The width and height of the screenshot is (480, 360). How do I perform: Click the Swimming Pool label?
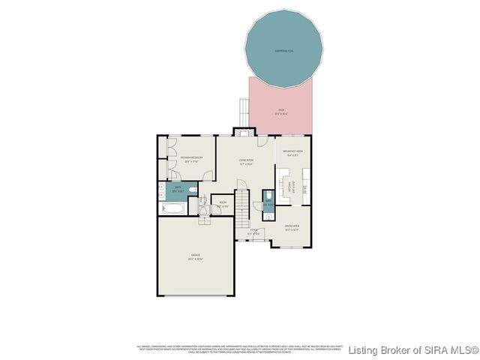[x=281, y=51]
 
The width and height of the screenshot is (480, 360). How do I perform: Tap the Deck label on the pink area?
[x=281, y=112]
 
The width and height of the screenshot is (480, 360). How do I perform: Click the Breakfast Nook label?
[x=292, y=153]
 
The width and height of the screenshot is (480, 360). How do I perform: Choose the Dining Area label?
[x=292, y=228]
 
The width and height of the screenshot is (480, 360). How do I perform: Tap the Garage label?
[x=196, y=257]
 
